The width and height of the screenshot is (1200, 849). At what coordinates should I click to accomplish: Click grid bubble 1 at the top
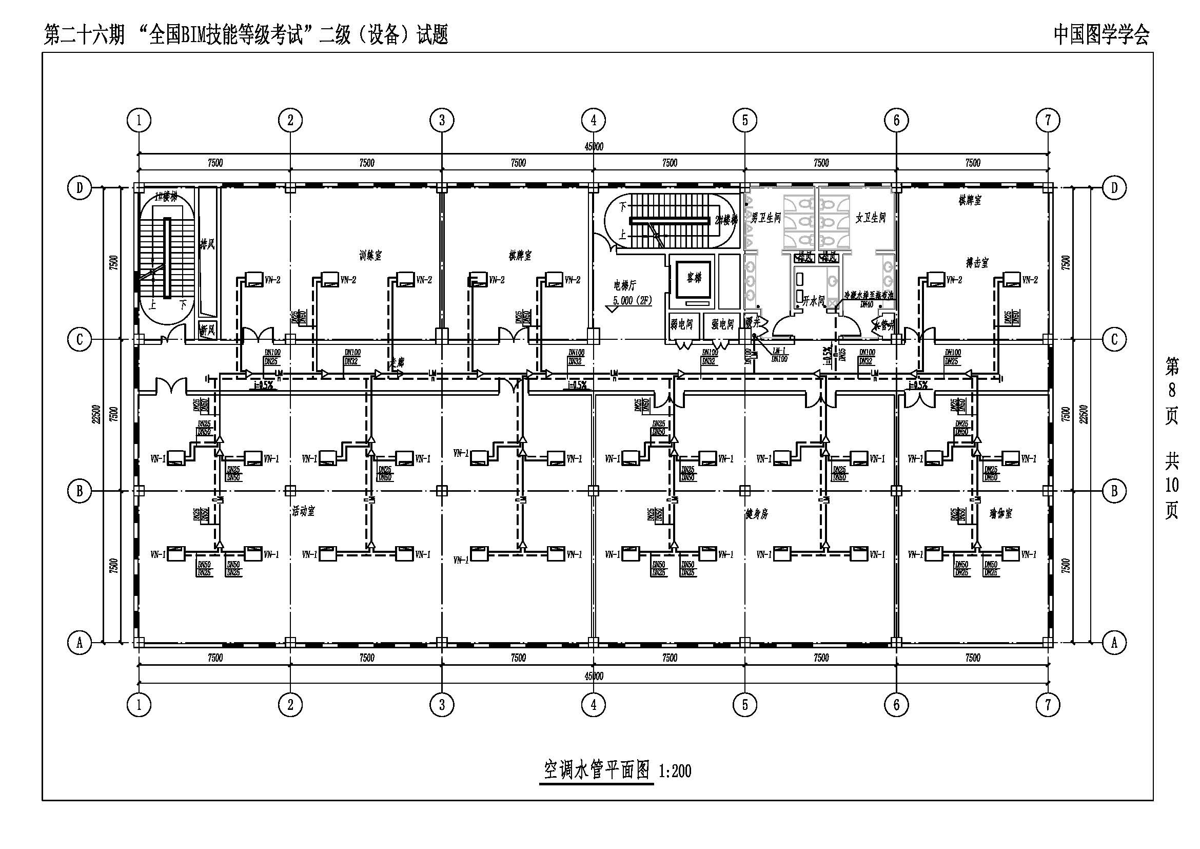point(139,120)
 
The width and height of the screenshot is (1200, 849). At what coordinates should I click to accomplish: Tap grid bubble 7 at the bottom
point(1048,705)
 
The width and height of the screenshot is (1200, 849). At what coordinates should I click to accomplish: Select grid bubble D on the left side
point(80,188)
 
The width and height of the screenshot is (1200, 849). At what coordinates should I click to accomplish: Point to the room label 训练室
point(370,256)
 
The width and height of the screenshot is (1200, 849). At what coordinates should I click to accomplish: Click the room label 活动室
point(304,511)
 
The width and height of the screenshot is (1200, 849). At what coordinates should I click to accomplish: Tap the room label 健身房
point(756,514)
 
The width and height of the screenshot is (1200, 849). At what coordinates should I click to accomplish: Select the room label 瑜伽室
point(1000,513)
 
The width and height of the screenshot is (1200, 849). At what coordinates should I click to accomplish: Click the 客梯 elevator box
point(694,279)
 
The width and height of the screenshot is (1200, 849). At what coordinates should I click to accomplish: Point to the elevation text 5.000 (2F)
point(633,301)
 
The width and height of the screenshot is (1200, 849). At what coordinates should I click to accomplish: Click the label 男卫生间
point(765,218)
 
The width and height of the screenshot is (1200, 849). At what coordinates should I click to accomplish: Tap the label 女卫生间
point(870,218)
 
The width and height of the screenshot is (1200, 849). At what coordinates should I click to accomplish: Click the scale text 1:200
point(675,771)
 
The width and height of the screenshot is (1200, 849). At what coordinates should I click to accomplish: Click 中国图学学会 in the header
point(1101,35)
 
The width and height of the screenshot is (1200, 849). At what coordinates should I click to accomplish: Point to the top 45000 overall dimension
point(593,147)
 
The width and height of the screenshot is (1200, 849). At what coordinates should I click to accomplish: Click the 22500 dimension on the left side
point(95,414)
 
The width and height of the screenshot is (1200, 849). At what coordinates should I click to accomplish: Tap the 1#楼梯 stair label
point(166,197)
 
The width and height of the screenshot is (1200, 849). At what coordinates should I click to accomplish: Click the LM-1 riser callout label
point(779,351)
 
